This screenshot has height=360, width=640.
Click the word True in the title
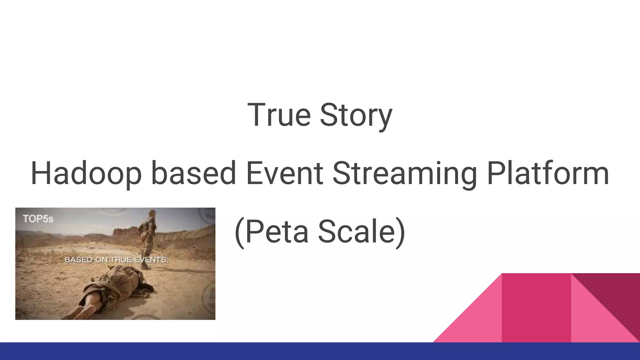279,115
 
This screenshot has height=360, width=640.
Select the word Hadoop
86,173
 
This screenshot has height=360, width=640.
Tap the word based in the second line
193,173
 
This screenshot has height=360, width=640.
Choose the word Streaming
405,173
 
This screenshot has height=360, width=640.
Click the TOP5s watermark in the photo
38,219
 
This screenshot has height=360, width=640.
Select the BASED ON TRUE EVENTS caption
116,260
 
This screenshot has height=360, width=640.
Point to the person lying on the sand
116,287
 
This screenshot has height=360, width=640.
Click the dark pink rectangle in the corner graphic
536,308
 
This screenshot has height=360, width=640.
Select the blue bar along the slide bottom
320,351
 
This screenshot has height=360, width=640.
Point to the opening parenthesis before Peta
239,232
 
